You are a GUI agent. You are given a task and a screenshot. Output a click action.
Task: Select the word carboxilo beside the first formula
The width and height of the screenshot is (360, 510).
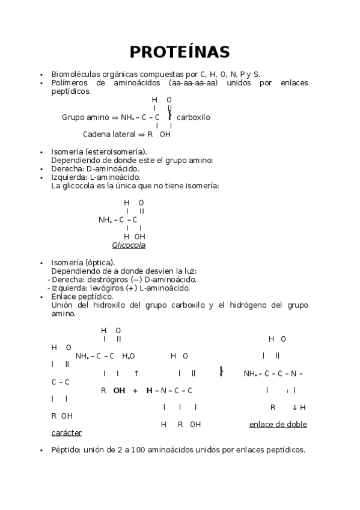pos(194,117)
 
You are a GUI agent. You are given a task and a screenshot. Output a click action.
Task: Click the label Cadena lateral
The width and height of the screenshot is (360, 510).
pos(109,135)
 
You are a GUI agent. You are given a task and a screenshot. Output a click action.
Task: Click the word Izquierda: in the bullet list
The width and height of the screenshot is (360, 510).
pos(69,177)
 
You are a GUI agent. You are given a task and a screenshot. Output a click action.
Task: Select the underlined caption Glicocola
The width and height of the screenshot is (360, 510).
pos(129,245)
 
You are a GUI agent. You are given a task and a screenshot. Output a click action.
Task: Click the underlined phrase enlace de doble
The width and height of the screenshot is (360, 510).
pos(278,424)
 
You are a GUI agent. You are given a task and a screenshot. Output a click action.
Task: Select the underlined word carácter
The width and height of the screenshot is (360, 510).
pos(67,432)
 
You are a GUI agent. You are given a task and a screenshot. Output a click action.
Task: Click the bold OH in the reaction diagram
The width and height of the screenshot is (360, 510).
pos(119,390)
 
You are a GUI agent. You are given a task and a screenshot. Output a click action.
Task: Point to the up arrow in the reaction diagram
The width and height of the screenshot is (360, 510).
pos(136,373)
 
